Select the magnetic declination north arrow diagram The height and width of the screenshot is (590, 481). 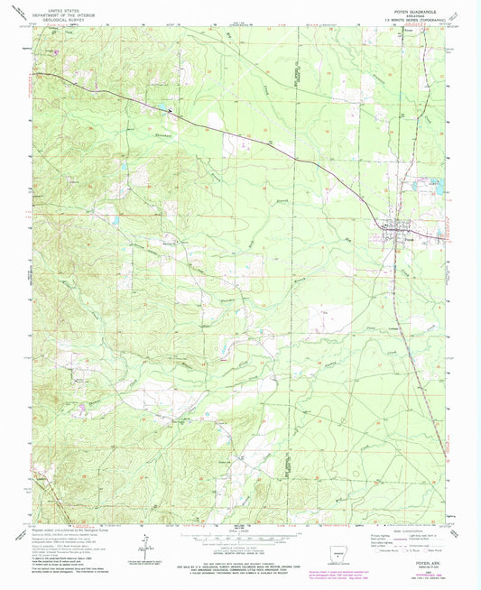pyautogui.click(x=145, y=539)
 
